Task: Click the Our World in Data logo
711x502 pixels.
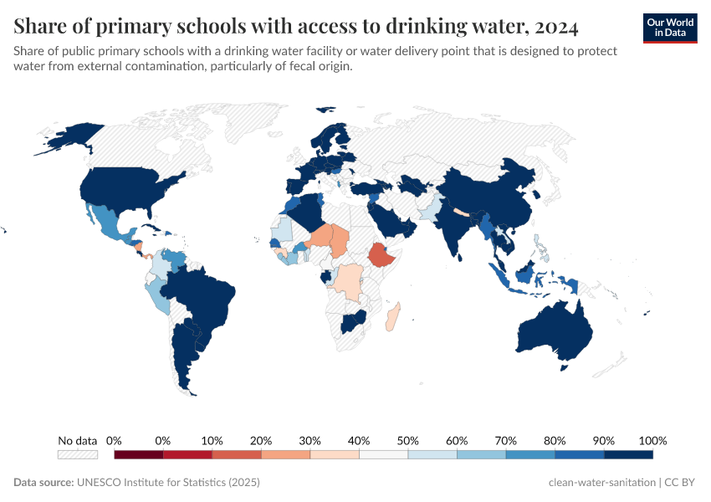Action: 669,28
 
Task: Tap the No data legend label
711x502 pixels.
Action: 77,440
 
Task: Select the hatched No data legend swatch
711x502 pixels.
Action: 77,454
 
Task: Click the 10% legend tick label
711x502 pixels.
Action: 212,440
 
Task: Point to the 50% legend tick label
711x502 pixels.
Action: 407,440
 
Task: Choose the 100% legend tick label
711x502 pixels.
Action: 652,440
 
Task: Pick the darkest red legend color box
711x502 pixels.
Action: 138,454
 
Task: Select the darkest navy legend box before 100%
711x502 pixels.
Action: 627,454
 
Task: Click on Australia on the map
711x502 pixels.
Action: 552,335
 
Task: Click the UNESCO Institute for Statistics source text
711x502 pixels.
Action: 167,483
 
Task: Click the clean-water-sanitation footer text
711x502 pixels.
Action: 601,483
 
